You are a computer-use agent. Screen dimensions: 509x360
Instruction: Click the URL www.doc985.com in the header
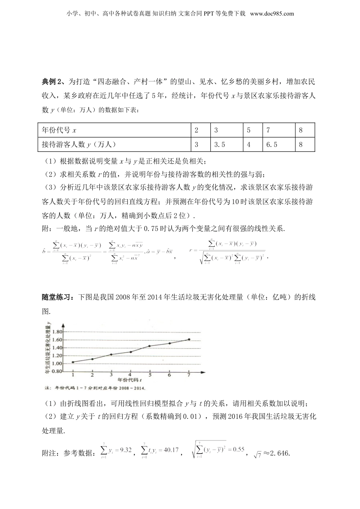click(x=272, y=14)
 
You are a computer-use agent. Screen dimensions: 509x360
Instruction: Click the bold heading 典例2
click(x=53, y=81)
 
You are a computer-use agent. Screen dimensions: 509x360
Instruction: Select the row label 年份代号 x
click(x=59, y=130)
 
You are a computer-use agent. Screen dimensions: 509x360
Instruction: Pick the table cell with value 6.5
click(x=272, y=144)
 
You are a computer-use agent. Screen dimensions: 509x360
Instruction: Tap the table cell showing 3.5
click(x=220, y=144)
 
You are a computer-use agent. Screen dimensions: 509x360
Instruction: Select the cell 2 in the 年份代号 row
click(x=196, y=130)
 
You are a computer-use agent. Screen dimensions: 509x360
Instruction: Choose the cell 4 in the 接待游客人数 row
click(x=249, y=144)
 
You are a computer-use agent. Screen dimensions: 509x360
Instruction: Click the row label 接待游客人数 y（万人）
click(x=79, y=144)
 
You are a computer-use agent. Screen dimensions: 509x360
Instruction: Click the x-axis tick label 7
click(x=189, y=375)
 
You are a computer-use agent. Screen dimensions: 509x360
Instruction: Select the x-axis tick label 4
click(x=130, y=375)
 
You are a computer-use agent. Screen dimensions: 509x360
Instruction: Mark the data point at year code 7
click(x=189, y=339)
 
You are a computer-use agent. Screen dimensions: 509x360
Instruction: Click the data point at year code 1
click(x=72, y=362)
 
